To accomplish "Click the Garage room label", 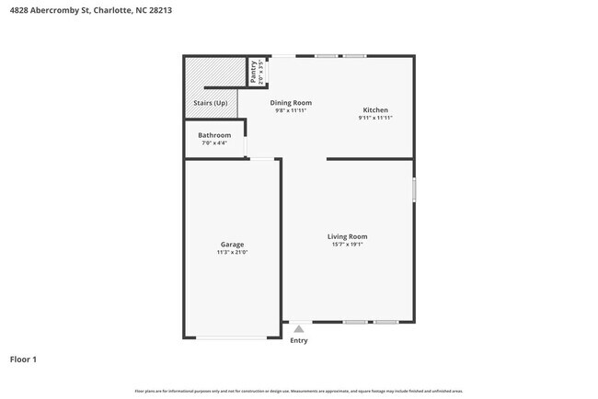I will click(232, 244).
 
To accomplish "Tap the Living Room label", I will click(347, 236).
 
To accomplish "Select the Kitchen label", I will click(374, 109).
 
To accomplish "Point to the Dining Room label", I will click(291, 102).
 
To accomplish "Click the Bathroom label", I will click(214, 135).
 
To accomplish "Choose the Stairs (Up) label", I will click(211, 103).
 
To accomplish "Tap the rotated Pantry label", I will click(253, 72).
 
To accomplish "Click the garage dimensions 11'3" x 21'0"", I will click(232, 252).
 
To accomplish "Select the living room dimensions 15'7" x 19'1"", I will click(347, 245).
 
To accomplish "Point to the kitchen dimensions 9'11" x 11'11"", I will click(374, 118).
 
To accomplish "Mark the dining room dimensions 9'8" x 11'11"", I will click(291, 110).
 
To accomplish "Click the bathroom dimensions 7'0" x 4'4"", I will click(214, 143).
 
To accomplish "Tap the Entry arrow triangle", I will click(298, 328).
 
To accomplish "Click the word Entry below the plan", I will click(299, 340).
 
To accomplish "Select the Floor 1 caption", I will click(23, 359).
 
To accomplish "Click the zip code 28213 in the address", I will click(180, 11).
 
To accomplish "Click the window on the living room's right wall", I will click(414, 190).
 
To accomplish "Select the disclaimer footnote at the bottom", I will click(299, 391).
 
